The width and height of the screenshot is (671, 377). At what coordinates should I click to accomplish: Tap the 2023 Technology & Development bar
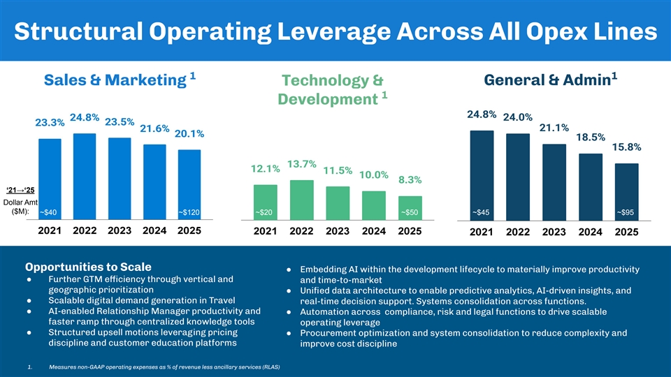(338, 202)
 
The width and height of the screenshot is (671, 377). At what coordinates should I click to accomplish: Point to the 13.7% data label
(302, 165)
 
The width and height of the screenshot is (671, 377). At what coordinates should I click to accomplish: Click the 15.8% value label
(626, 147)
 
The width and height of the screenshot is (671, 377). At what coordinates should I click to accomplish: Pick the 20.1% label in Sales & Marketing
(189, 134)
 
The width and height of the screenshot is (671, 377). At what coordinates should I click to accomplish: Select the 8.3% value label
(410, 180)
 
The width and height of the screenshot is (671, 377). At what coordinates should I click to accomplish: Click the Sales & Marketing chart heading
(110, 81)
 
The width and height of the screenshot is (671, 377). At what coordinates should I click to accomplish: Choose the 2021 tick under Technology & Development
(266, 232)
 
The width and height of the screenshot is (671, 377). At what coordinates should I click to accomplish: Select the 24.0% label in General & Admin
(517, 117)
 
